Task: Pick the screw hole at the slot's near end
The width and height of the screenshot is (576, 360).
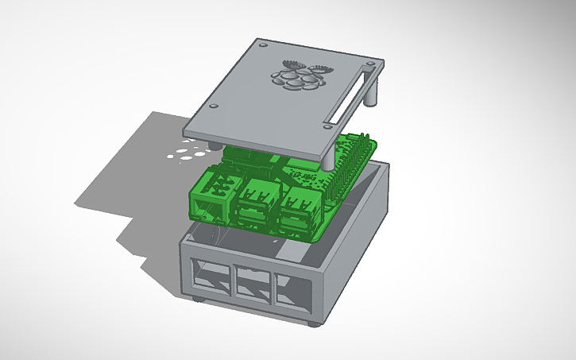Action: click(x=327, y=124)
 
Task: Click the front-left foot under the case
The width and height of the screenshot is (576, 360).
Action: click(x=196, y=298)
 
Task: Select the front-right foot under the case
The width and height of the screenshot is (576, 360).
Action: click(x=316, y=323)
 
